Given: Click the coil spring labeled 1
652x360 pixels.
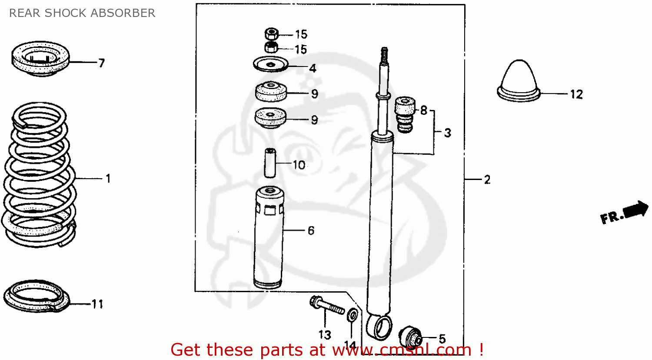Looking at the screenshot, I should (39, 174).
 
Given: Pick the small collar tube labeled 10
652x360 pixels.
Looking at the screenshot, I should (270, 163).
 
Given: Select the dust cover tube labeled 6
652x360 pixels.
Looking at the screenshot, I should (269, 237).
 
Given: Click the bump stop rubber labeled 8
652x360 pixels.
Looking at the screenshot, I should (405, 115).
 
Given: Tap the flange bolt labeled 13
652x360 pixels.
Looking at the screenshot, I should (326, 306).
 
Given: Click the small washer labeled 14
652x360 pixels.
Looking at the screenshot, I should (353, 315).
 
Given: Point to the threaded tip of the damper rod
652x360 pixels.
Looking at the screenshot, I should (384, 54).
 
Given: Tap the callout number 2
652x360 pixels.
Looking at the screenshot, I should (487, 179).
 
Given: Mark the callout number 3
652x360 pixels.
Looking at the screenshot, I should (448, 133).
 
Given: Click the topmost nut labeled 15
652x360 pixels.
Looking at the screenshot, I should (272, 33).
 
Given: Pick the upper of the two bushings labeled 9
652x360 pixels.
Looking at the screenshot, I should (270, 92).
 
